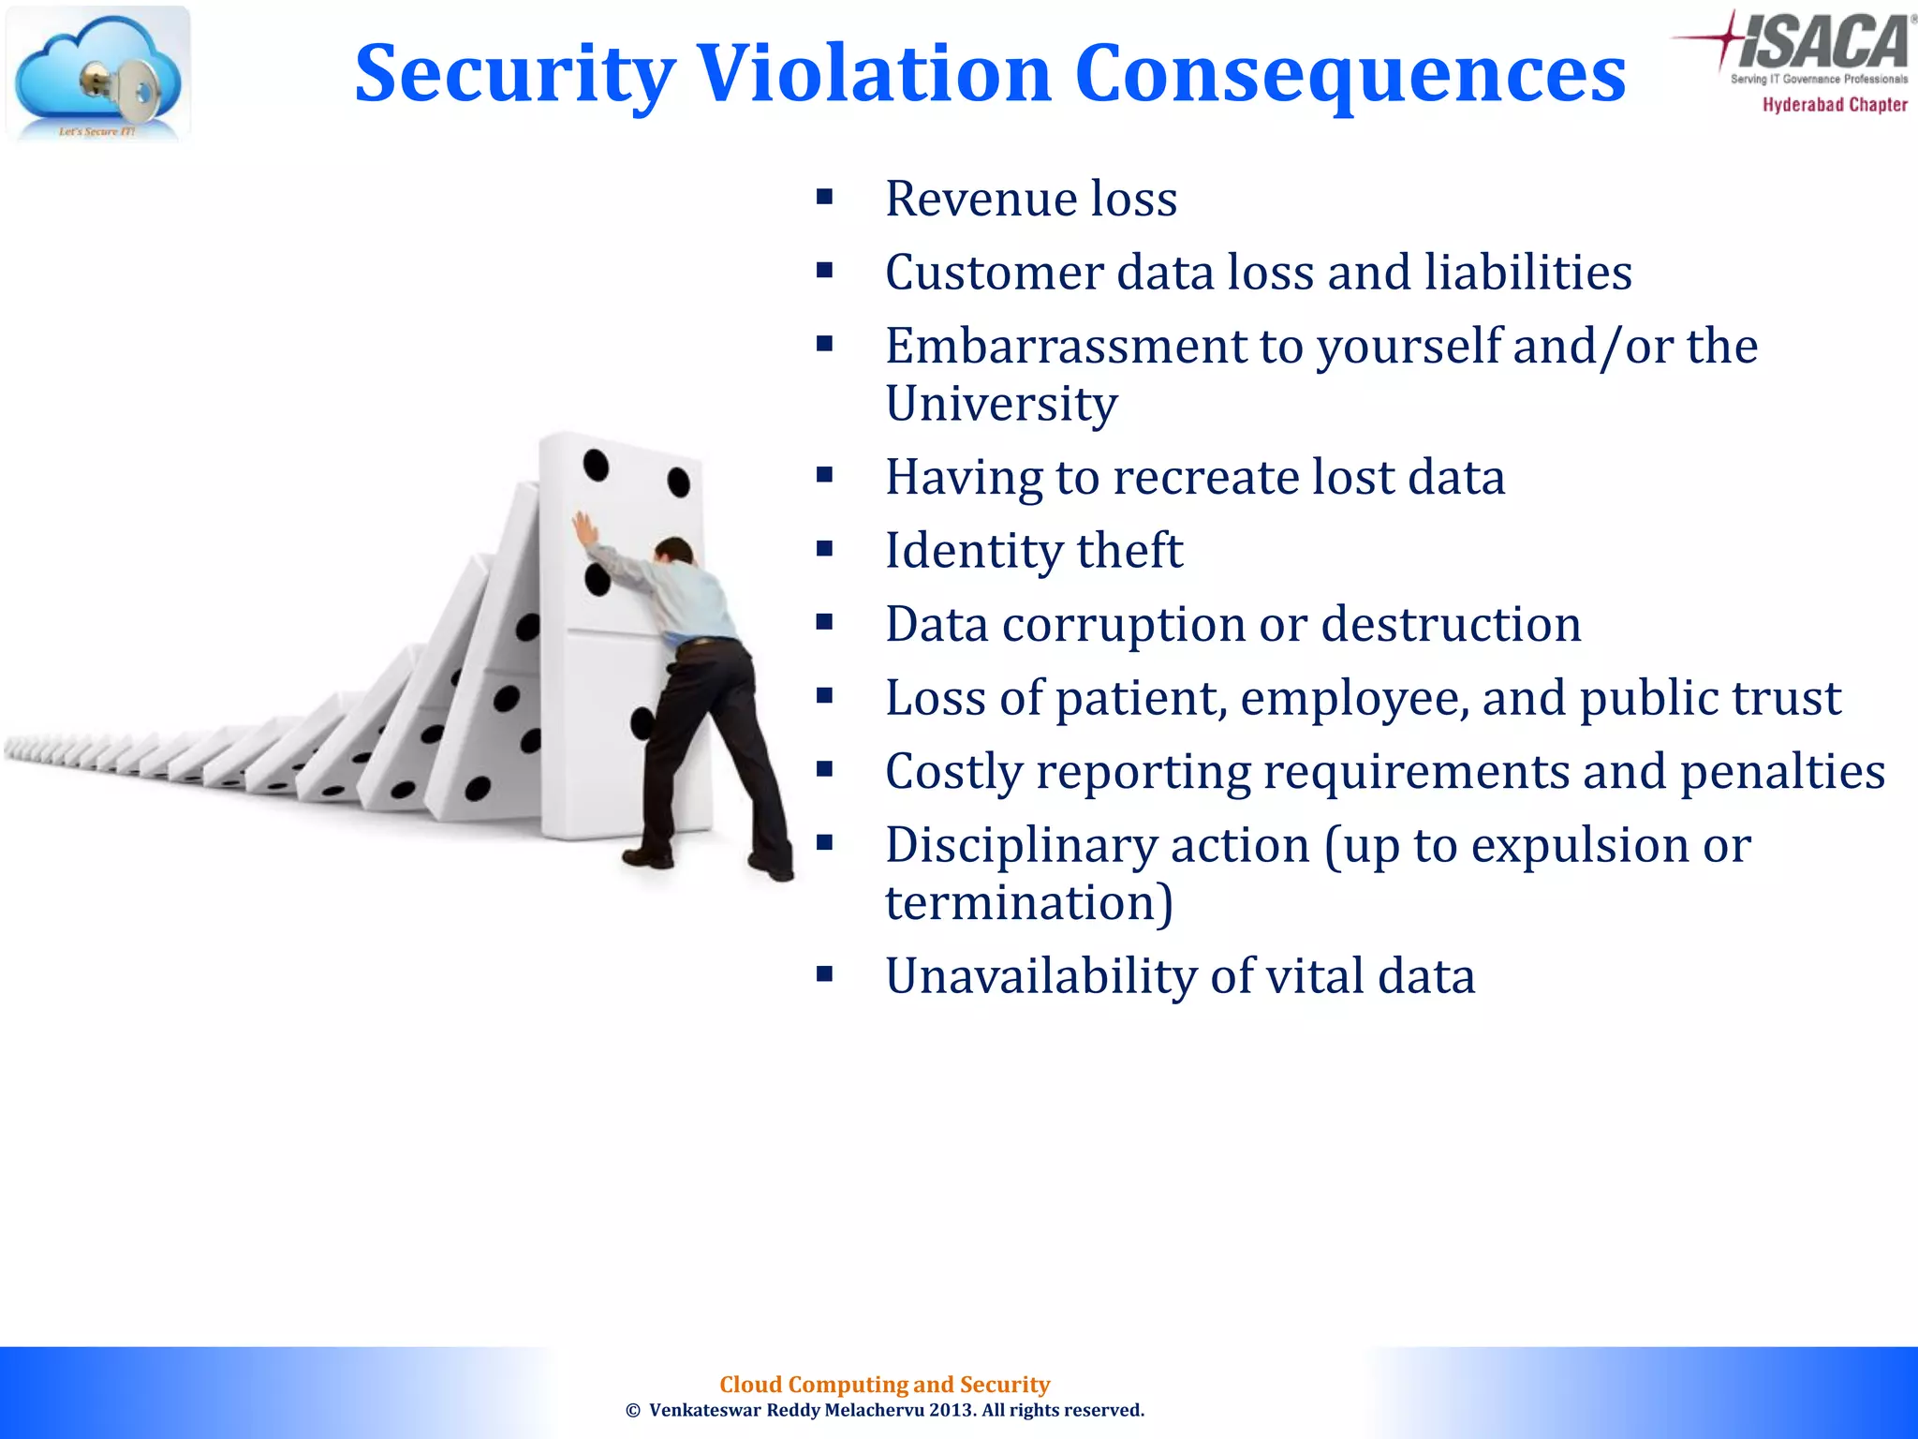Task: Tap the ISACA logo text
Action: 1822,42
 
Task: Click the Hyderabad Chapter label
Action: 1835,105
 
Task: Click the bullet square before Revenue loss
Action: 824,197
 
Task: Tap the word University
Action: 1001,404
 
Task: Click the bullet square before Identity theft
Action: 824,549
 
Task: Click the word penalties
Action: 1782,772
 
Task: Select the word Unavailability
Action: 1040,976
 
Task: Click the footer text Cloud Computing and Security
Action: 884,1385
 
